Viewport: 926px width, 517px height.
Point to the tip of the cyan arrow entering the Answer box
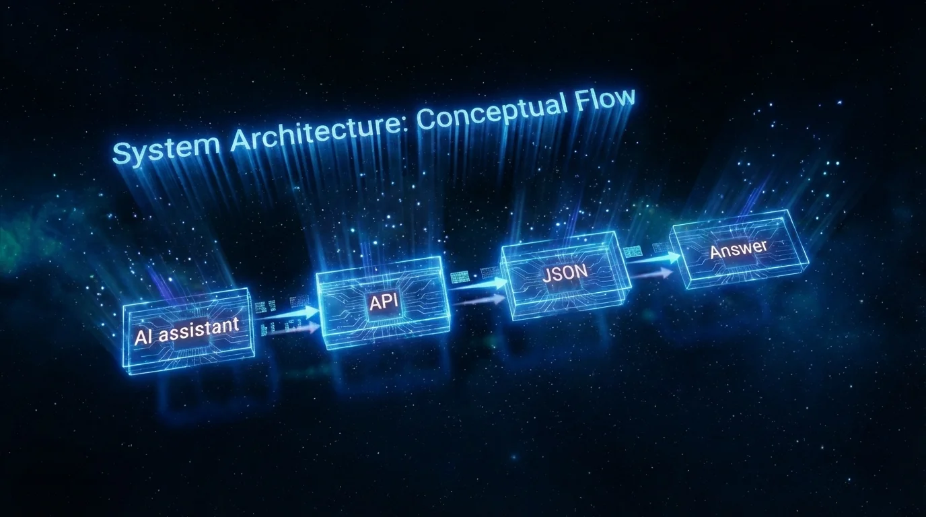coord(681,257)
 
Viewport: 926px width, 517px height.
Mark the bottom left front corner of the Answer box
coord(686,289)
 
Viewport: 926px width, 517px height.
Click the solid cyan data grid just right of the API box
coord(460,277)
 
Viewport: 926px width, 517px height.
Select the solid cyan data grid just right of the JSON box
coord(633,252)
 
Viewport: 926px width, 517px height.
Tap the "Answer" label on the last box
coord(738,249)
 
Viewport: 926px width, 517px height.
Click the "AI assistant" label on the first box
coord(187,331)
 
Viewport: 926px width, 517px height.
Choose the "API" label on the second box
coord(384,302)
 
